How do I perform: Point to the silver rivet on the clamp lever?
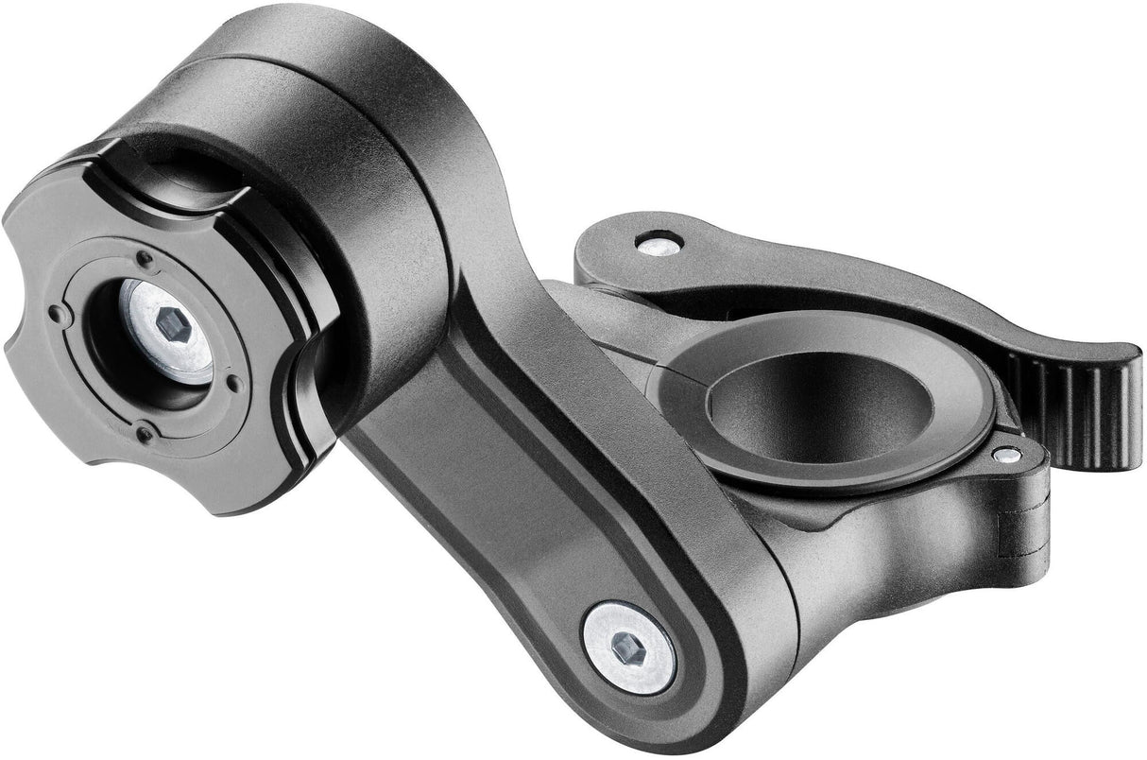click(659, 245)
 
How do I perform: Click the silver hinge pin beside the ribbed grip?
click(1007, 455)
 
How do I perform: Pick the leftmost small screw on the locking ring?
click(57, 314)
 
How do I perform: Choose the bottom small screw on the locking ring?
click(144, 435)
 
